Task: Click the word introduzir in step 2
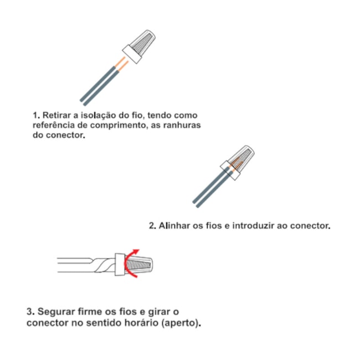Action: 253,226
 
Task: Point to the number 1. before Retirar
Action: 36,115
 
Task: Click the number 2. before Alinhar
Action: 152,226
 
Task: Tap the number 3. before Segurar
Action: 30,312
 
